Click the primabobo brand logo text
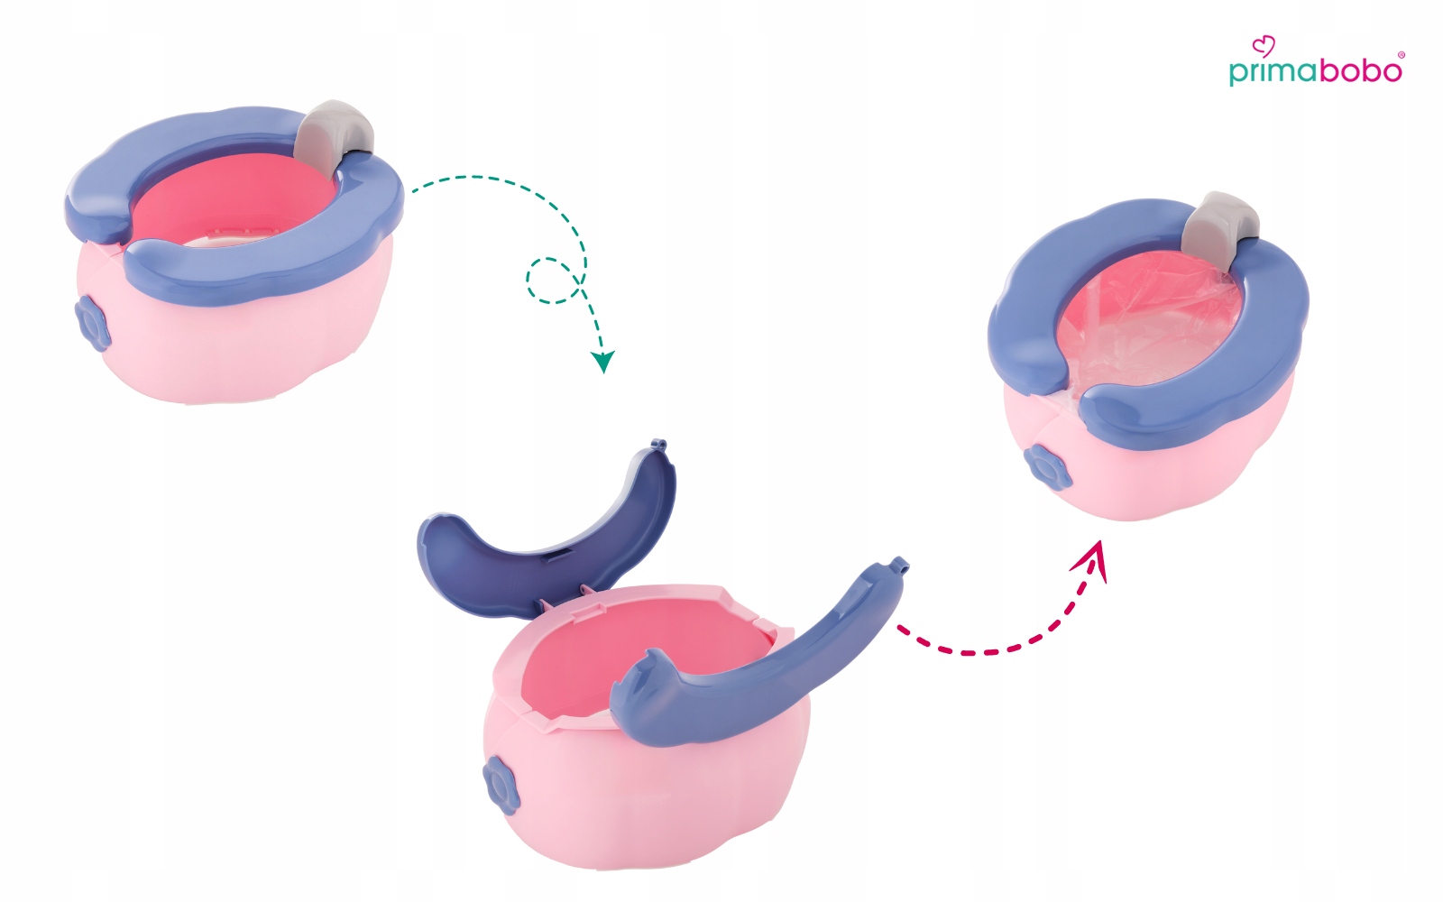tap(1316, 72)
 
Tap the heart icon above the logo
tap(1264, 46)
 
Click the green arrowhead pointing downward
tap(602, 362)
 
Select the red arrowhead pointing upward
tap(1091, 559)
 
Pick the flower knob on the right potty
tap(1047, 466)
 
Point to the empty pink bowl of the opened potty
tap(638, 658)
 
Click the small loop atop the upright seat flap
tap(657, 444)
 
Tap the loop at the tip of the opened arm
tap(901, 565)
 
